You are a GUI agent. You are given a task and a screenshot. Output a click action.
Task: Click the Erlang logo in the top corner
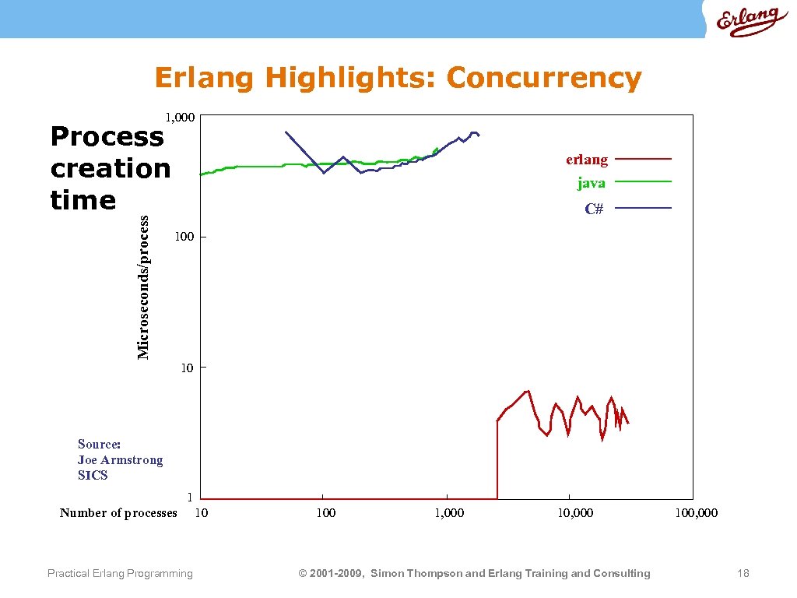pos(747,22)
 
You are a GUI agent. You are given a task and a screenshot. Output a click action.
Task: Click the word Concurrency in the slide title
pos(544,78)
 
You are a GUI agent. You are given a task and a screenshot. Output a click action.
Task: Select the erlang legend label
pos(587,160)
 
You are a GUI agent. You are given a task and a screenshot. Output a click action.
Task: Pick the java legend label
pos(592,183)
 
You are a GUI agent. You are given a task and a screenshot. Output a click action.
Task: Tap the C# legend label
pos(594,209)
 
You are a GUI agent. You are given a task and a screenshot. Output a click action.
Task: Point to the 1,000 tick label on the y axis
pos(179,117)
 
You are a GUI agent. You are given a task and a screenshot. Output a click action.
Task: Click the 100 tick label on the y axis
pos(184,237)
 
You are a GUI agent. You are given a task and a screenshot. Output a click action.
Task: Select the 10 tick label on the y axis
pos(188,368)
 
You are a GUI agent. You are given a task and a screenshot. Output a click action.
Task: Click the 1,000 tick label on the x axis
pos(449,513)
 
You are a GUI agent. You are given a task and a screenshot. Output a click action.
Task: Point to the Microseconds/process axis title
pos(143,288)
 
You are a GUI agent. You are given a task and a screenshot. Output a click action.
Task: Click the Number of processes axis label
pos(118,512)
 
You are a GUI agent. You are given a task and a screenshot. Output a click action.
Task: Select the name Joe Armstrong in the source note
pos(121,460)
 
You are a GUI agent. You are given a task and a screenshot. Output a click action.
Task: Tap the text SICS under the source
pos(93,476)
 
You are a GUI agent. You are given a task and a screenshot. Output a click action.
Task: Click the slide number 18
pos(743,574)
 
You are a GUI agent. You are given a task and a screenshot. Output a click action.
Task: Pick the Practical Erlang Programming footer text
pos(120,574)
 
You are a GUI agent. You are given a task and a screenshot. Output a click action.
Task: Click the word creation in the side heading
pos(111,168)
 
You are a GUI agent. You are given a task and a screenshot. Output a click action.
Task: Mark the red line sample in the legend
pos(643,159)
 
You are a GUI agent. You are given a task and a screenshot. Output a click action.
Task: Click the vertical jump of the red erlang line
pos(497,459)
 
